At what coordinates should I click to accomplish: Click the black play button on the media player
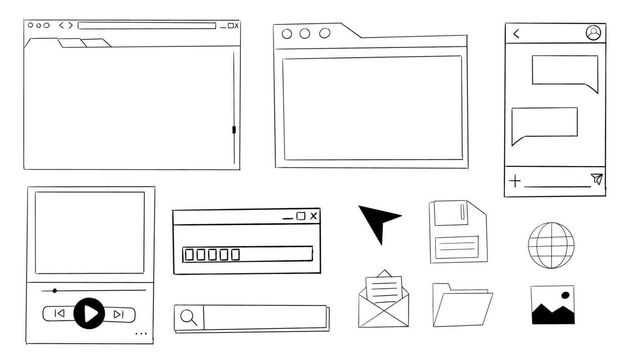click(x=89, y=313)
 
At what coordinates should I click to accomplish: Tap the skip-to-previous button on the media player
click(x=60, y=313)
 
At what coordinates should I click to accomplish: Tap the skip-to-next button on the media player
click(x=118, y=314)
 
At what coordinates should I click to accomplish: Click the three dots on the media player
click(x=141, y=334)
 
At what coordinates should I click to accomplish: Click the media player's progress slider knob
click(x=55, y=291)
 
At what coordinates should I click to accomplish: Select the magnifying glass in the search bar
click(x=188, y=317)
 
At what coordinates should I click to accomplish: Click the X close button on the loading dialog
click(x=313, y=216)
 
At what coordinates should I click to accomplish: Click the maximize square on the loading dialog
click(x=301, y=216)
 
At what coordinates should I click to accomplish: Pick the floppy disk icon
click(x=458, y=232)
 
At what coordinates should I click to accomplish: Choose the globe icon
click(x=551, y=245)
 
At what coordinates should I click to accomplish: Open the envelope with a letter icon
click(x=384, y=301)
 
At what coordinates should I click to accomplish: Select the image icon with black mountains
click(x=552, y=305)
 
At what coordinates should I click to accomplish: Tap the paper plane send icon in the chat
click(x=597, y=179)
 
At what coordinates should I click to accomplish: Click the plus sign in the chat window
click(x=515, y=181)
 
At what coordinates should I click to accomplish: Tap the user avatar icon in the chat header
click(x=593, y=33)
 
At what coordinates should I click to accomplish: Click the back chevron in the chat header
click(x=516, y=34)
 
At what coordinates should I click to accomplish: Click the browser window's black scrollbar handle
click(x=234, y=130)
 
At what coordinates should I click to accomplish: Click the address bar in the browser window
click(x=147, y=26)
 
